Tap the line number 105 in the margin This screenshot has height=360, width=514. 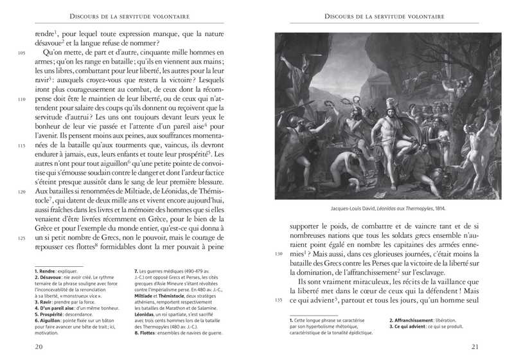coord(22,53)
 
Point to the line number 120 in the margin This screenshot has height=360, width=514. coord(22,192)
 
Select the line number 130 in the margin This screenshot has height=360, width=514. coord(279,255)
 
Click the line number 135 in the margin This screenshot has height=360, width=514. coord(279,300)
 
